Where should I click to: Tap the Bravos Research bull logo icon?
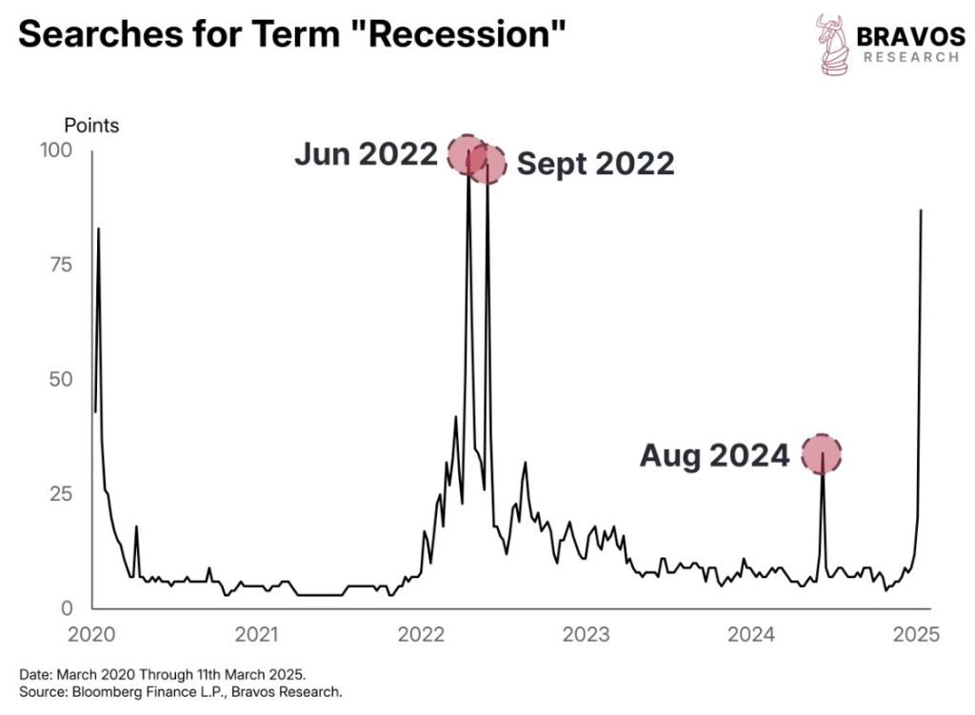pos(832,43)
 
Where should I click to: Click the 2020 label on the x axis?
pos(92,634)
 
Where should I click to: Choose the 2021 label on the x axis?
pos(257,634)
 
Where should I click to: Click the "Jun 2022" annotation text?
pos(366,154)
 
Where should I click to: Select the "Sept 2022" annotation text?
pos(595,164)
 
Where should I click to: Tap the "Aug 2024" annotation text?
pos(714,456)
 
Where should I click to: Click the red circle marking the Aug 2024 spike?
pos(823,453)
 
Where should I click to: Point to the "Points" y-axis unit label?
pos(91,125)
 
